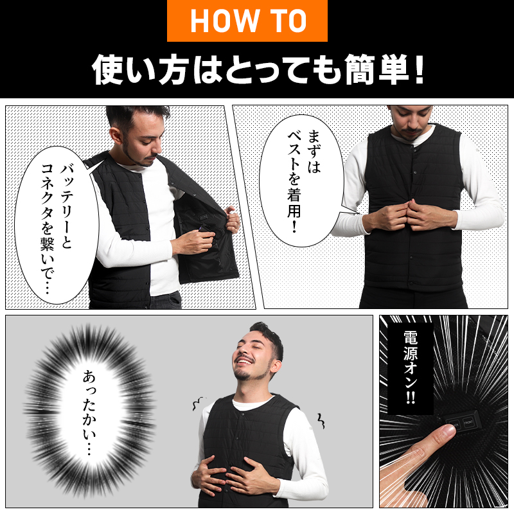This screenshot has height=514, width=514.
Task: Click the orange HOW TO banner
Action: pos(247,21)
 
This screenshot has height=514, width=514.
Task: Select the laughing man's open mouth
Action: pos(245,371)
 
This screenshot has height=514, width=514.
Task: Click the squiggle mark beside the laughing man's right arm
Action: pos(319,421)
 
